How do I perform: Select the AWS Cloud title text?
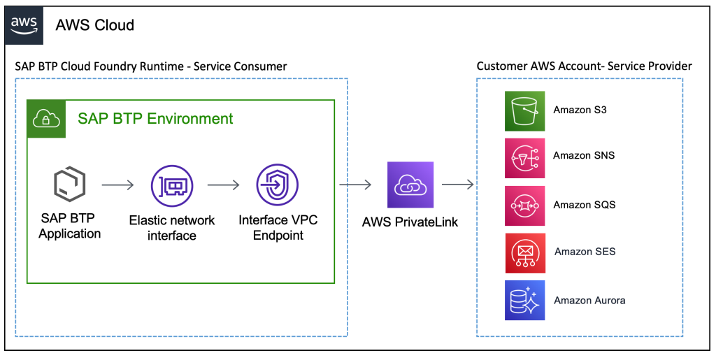click(x=95, y=26)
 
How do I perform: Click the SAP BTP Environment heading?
click(x=155, y=118)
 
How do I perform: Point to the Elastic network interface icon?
click(x=171, y=185)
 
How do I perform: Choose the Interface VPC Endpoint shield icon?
click(x=277, y=185)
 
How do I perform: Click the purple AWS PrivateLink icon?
click(x=410, y=185)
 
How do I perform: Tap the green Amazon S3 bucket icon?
click(x=524, y=110)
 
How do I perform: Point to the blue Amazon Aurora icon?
click(x=524, y=301)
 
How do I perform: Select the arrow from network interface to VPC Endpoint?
click(x=224, y=185)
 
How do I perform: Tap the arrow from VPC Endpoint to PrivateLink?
click(x=355, y=185)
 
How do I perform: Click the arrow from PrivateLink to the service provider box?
click(x=458, y=185)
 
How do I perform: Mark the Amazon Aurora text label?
click(x=589, y=301)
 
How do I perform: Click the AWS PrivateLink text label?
click(x=410, y=222)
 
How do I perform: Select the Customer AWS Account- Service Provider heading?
click(x=584, y=66)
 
